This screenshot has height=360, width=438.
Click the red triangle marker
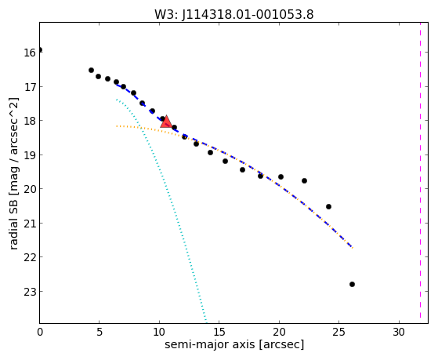pos(166,122)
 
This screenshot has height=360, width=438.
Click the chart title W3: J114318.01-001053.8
pos(234,14)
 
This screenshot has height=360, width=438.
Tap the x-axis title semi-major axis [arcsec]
pos(234,344)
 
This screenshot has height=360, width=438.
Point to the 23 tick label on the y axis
pos(30,291)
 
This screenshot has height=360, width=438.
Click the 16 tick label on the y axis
pos(30,53)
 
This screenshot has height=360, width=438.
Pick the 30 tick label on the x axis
pos(399,332)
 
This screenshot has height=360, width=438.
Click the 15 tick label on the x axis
pos(219,332)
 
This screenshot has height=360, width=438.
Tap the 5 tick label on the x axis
pos(100,332)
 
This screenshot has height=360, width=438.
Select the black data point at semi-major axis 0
pos(40,49)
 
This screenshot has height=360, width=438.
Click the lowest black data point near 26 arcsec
pos(352,284)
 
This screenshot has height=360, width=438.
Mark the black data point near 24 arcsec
pos(328,207)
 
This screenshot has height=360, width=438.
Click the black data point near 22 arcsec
pos(304,180)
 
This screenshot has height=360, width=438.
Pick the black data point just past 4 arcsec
pos(91,71)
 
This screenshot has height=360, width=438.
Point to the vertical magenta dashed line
pos(420,173)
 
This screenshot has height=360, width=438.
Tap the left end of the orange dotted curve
pos(117,126)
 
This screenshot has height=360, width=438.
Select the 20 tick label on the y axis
pos(30,189)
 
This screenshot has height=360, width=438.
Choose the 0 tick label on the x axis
pos(40,332)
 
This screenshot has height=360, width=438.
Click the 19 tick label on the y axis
pos(30,155)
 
